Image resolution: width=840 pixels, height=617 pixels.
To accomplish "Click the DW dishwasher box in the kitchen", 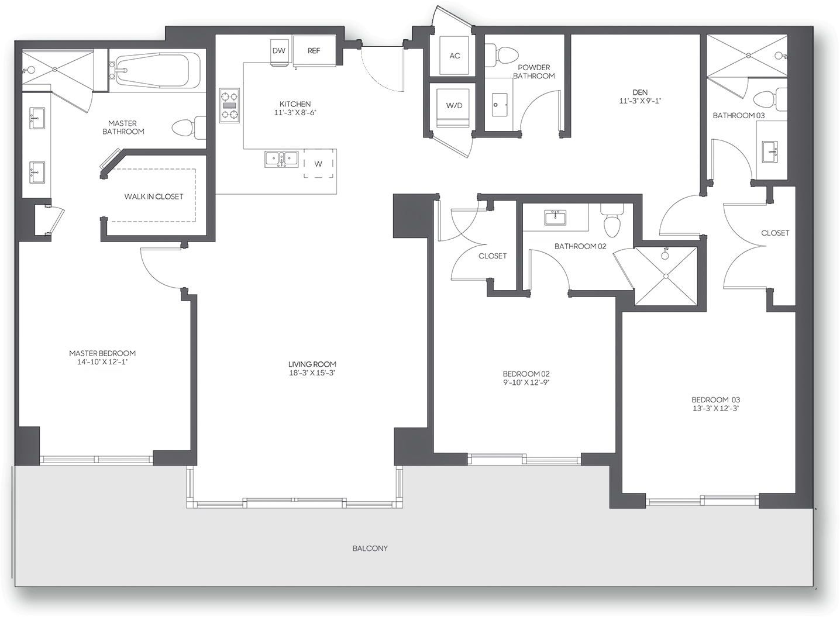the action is (280, 51).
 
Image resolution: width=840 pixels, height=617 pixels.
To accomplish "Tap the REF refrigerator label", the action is (314, 51).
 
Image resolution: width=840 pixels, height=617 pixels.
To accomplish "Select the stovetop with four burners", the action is (229, 106).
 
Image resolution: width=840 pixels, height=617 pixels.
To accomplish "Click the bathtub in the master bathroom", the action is (157, 70).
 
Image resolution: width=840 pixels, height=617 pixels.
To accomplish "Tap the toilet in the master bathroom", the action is (189, 127).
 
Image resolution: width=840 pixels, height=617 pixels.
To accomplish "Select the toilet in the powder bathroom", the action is (501, 56).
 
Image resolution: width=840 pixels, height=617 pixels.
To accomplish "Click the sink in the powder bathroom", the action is (499, 105).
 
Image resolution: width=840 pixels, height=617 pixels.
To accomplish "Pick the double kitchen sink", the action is (281, 159).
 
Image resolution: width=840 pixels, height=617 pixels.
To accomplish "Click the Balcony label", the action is (370, 549).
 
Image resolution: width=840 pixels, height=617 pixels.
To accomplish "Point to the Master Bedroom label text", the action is (102, 353).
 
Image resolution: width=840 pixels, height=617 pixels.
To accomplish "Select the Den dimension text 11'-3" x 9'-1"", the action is (640, 101).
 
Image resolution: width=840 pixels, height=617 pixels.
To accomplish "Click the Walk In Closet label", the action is (154, 197).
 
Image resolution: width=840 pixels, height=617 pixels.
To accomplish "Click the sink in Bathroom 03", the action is (770, 152).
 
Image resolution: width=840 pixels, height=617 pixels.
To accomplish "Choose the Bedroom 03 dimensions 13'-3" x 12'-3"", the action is (715, 409).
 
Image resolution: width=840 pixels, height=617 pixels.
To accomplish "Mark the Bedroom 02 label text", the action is (526, 374).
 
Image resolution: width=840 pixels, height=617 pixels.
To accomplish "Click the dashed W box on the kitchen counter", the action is (318, 163).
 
